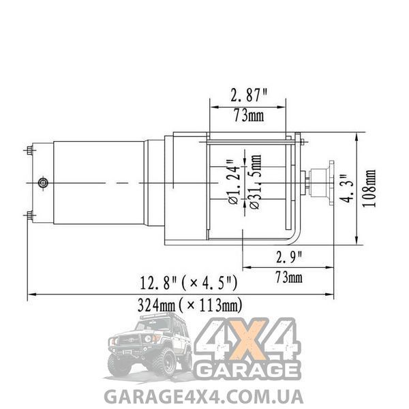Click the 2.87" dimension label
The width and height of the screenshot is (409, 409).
pyautogui.click(x=249, y=95)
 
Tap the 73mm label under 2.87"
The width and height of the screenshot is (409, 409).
pyautogui.click(x=249, y=116)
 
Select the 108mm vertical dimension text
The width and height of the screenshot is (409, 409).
pyautogui.click(x=369, y=188)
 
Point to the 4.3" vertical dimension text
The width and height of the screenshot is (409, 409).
pyautogui.click(x=347, y=189)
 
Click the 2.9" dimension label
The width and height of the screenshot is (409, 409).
pyautogui.click(x=289, y=258)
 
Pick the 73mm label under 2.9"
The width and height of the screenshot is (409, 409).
pyautogui.click(x=289, y=277)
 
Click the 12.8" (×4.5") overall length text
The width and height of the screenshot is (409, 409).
pyautogui.click(x=189, y=283)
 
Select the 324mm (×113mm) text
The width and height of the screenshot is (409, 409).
pyautogui.click(x=190, y=305)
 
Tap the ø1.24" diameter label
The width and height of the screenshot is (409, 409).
pyautogui.click(x=233, y=183)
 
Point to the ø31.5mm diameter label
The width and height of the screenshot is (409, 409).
pyautogui.click(x=255, y=181)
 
